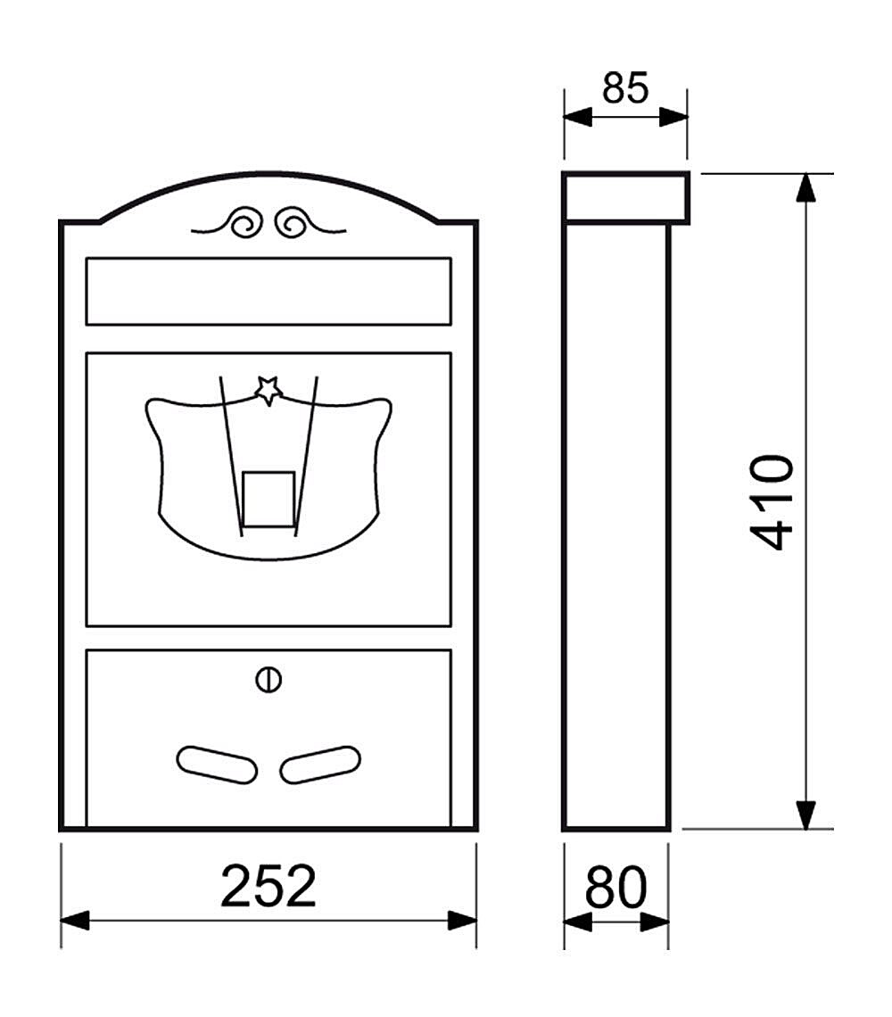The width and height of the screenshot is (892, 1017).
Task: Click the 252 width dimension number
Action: click(268, 886)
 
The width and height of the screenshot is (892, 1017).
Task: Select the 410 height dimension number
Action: click(772, 502)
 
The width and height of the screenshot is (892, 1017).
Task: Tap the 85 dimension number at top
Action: click(624, 87)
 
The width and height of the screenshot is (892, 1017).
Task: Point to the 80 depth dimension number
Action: click(615, 887)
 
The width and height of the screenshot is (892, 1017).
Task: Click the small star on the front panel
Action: click(268, 391)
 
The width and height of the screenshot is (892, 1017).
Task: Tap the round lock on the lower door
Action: click(268, 680)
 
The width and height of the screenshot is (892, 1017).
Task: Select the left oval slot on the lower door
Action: click(217, 765)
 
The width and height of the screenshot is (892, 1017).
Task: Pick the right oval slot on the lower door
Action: click(320, 765)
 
